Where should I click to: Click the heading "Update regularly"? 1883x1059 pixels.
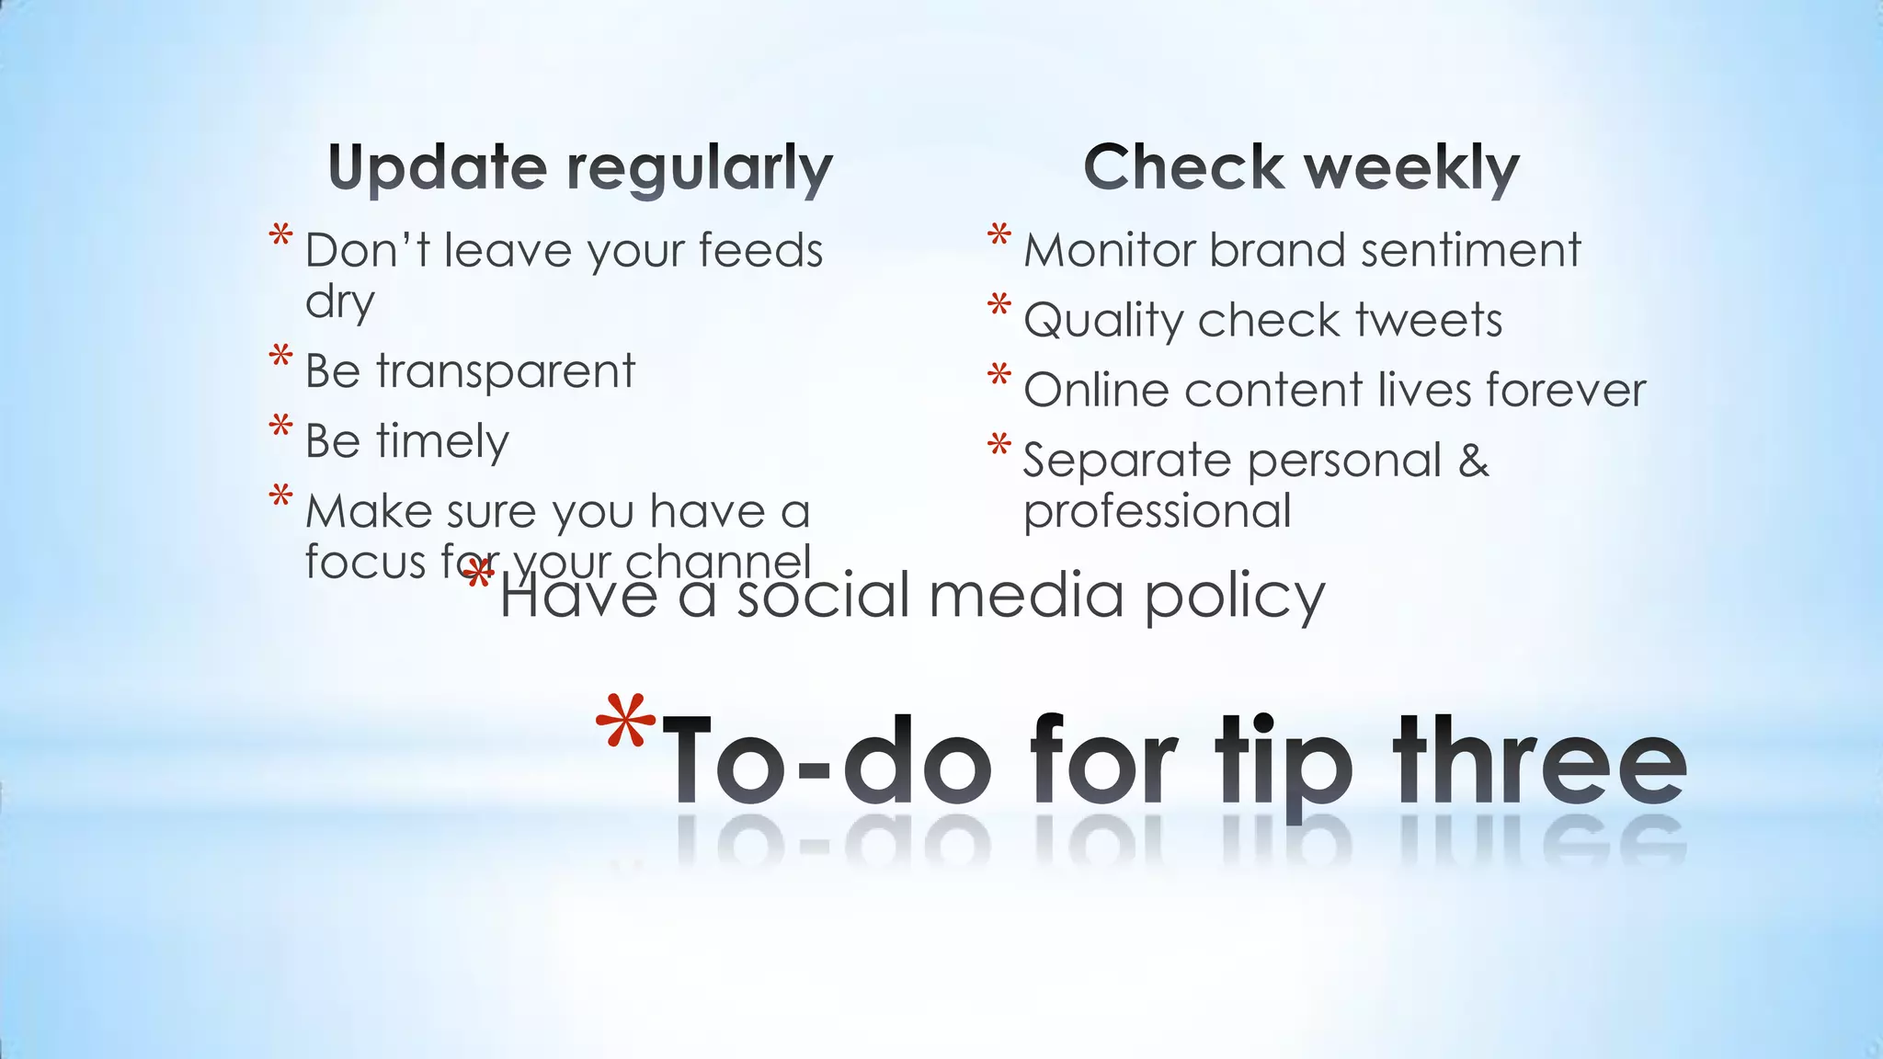tap(580, 169)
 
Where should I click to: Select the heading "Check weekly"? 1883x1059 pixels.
tap(1301, 169)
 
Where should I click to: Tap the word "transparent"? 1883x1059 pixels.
tap(505, 372)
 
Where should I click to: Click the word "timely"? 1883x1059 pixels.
tap(442, 442)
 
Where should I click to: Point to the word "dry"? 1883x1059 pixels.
tap(340, 302)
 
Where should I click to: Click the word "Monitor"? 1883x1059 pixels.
tap(1109, 250)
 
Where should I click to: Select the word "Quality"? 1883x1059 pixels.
tap(1103, 321)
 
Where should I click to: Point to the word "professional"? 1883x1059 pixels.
tap(1157, 511)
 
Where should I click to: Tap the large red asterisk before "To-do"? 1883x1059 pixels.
tap(625, 723)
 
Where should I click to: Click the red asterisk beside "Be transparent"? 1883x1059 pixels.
tap(281, 357)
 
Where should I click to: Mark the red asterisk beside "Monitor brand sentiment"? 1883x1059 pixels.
tap(999, 235)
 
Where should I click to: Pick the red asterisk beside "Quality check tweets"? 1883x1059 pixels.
tap(999, 305)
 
